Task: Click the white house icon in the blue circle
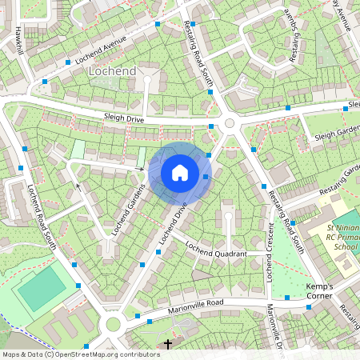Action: tap(180, 173)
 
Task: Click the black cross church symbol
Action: tap(167, 344)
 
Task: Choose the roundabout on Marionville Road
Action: tap(113, 324)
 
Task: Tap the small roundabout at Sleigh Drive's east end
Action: tap(230, 123)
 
